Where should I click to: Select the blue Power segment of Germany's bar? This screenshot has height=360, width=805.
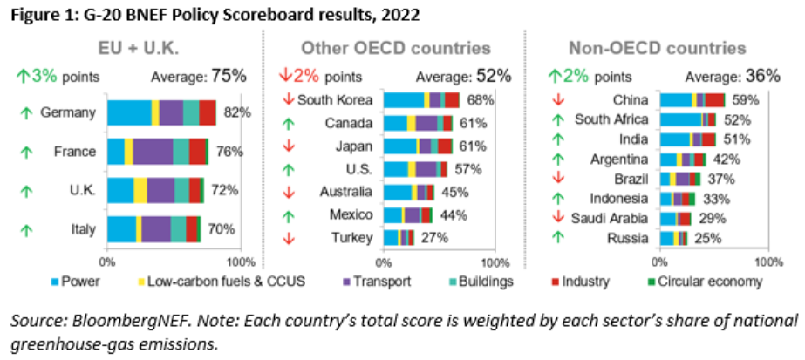(129, 112)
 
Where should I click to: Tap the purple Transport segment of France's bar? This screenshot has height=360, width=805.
(153, 151)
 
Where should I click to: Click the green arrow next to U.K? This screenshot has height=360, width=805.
(27, 190)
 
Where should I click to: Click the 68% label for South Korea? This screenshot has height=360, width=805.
(474, 99)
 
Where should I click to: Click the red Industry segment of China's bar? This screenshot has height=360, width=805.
(714, 99)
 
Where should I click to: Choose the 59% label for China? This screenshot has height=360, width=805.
(742, 99)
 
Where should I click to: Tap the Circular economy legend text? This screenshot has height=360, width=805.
(720, 282)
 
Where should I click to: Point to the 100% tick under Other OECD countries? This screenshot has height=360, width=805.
(495, 261)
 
